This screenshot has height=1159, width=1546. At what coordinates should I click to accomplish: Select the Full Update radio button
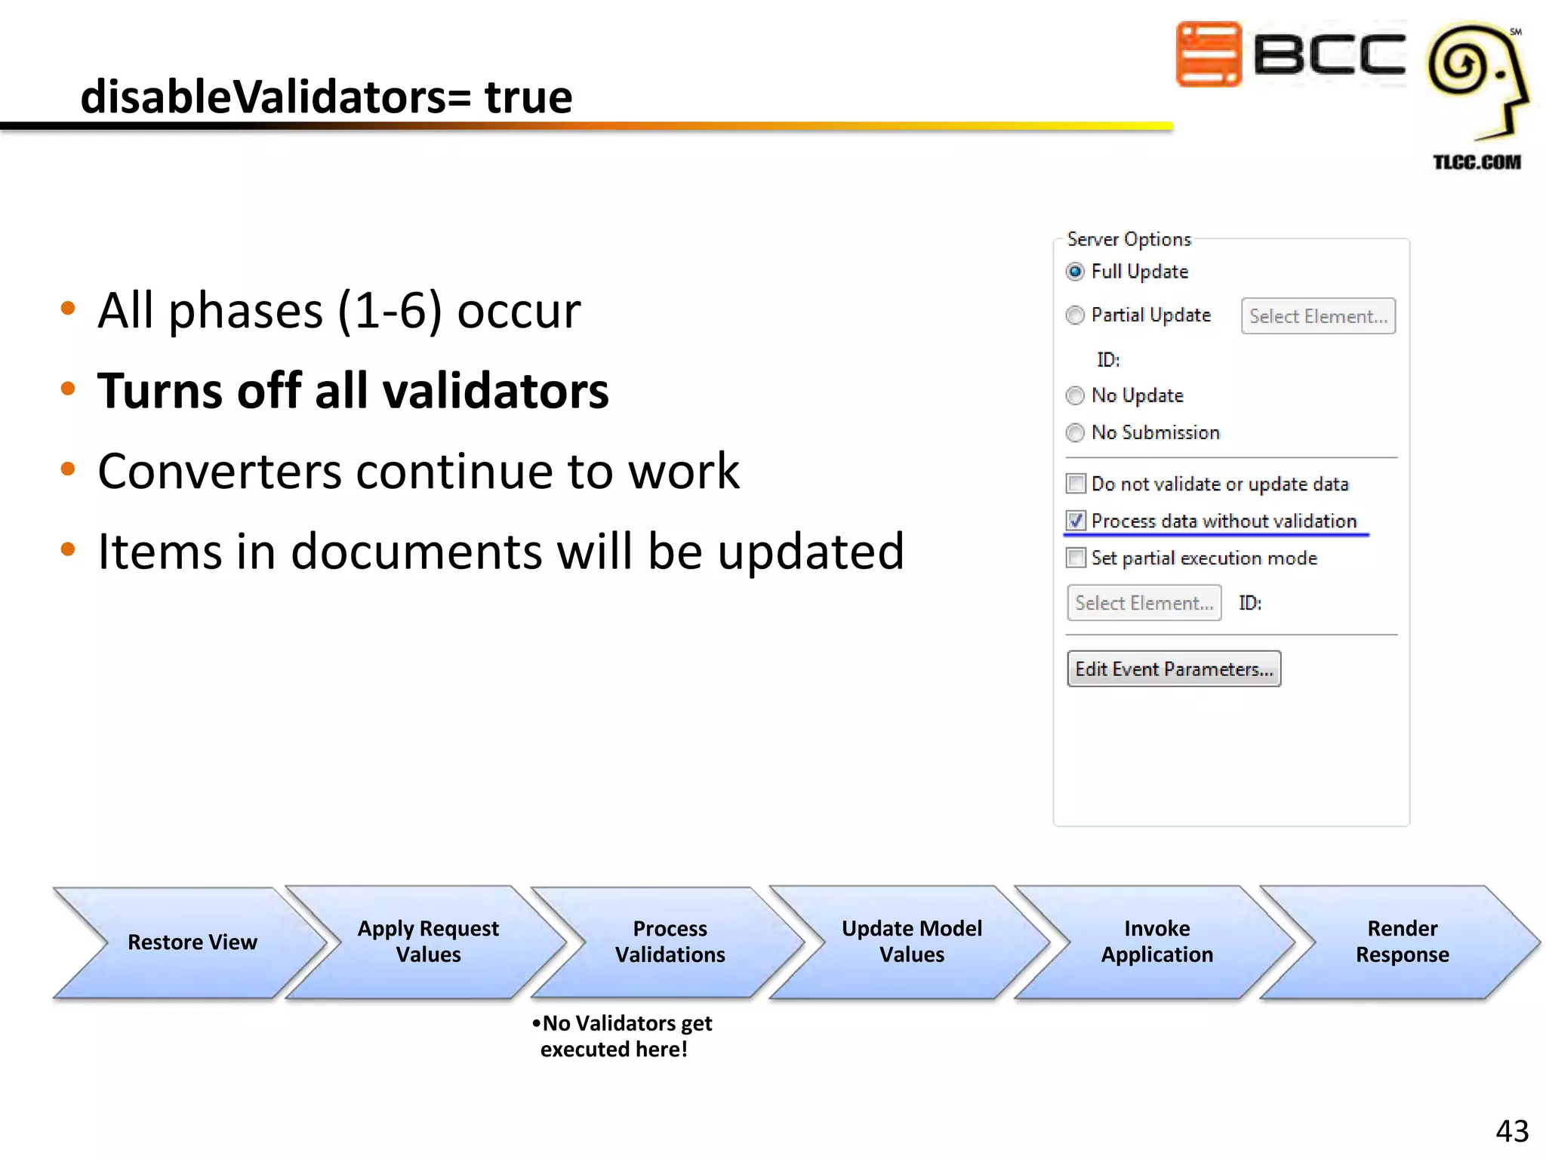click(1075, 272)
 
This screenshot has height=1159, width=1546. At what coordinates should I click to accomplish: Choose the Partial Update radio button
click(1075, 315)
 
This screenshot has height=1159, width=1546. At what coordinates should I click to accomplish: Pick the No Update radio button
click(1075, 395)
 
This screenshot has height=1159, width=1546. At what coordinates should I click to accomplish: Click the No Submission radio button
click(1075, 432)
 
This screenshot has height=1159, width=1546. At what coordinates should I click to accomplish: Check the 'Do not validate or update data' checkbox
click(1076, 484)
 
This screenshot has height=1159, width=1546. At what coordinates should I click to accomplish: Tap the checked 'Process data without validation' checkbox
click(1076, 521)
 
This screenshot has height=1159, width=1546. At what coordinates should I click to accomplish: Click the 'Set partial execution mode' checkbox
click(1076, 558)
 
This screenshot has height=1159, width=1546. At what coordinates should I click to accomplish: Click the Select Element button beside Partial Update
click(1317, 316)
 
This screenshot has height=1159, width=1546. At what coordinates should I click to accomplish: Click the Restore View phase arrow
click(192, 942)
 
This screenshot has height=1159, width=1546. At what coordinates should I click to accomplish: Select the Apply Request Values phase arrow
click(428, 942)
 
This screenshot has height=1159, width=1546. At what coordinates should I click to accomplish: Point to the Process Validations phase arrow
click(670, 942)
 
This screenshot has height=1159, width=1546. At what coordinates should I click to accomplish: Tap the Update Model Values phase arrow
click(911, 942)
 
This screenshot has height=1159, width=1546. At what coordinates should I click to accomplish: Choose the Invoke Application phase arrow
click(1156, 942)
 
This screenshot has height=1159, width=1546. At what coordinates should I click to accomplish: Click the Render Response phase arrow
click(1402, 942)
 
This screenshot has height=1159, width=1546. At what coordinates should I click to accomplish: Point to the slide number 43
click(1511, 1131)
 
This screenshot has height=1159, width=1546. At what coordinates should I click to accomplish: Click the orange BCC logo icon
click(1208, 54)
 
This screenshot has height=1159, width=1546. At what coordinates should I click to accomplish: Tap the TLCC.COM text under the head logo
click(1477, 162)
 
